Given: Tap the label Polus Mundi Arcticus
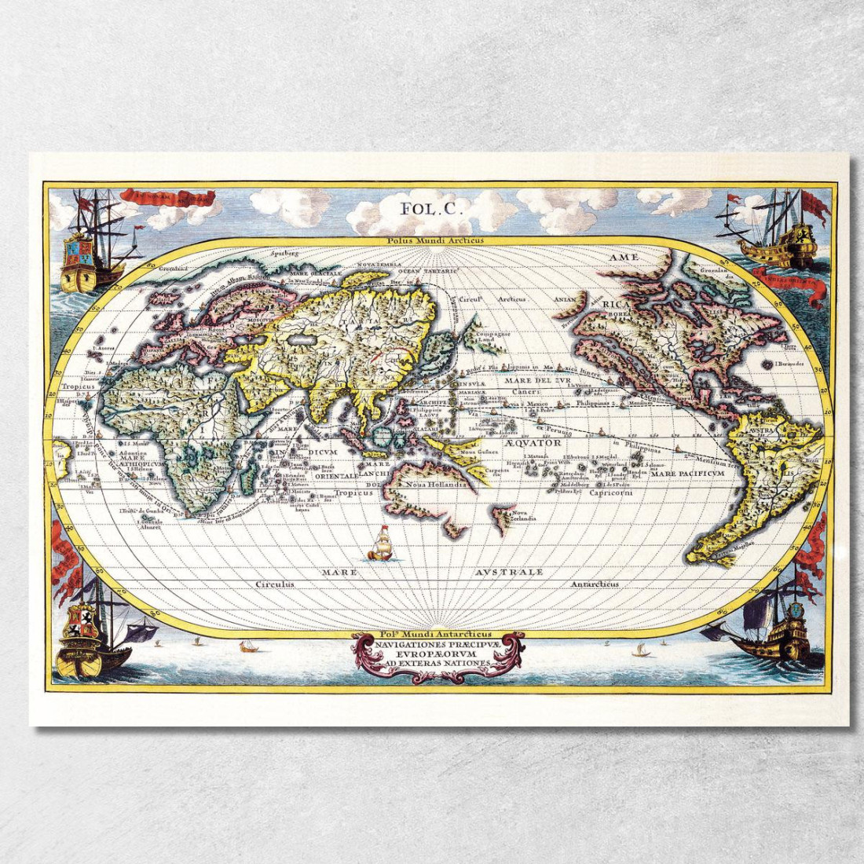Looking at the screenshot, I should (x=435, y=241).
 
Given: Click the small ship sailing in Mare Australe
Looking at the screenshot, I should (x=381, y=544).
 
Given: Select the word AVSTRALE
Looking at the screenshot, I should (x=509, y=572).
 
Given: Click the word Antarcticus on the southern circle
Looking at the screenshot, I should (x=595, y=584).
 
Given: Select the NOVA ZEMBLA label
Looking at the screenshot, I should (x=379, y=265).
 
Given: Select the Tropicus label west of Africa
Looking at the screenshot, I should (x=79, y=386).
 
